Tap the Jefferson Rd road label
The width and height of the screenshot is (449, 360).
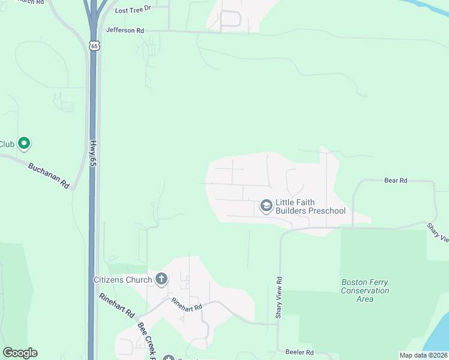tap(125, 29)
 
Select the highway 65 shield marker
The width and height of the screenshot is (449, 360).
tap(94, 45)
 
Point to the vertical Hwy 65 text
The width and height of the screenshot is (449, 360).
tap(93, 153)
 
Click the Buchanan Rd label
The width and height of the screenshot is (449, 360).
tap(48, 175)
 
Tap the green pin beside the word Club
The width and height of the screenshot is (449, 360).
tap(24, 143)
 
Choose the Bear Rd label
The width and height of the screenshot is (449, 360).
tap(396, 180)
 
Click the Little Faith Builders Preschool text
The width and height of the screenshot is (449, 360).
tap(310, 206)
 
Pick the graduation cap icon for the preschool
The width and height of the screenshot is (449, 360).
tap(266, 207)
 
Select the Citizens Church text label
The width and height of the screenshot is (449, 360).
tap(122, 279)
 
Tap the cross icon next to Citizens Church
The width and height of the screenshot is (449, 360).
tap(161, 279)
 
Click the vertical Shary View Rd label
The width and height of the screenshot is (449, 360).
tap(279, 298)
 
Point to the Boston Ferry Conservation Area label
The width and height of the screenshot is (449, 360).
tap(365, 290)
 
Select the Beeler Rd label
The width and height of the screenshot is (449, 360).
tap(300, 352)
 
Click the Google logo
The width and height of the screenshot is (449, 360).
tap(20, 353)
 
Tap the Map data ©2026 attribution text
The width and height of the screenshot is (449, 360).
tap(423, 355)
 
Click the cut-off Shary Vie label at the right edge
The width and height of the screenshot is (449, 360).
tap(438, 233)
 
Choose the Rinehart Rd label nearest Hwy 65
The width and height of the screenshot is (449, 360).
tap(117, 305)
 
